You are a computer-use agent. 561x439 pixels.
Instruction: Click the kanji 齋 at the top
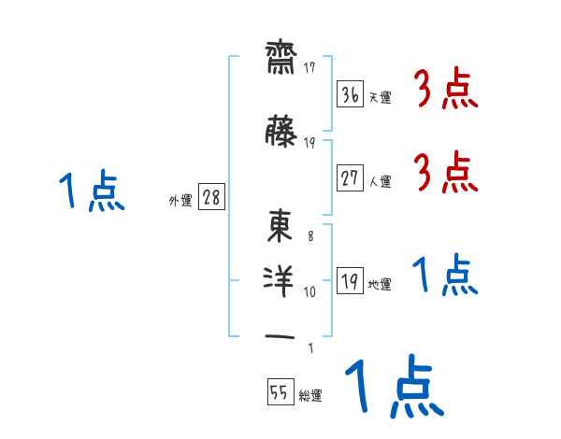pos(281,58)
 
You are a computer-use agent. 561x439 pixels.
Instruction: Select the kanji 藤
pos(280,131)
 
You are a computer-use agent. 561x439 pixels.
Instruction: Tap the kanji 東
pos(280,226)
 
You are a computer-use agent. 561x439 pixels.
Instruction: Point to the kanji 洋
pos(279,282)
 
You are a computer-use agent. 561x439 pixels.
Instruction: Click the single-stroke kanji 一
pos(280,336)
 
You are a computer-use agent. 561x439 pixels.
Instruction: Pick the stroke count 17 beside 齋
pos(309,67)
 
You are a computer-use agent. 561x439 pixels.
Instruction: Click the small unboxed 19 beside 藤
pos(309,143)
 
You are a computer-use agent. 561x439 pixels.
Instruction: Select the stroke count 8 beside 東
pos(310,236)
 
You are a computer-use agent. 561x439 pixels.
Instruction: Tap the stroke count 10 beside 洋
pos(309,291)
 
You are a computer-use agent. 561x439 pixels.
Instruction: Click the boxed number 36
pos(351,94)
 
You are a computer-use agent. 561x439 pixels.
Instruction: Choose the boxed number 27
pos(351,177)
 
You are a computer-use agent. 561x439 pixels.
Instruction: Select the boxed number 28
pos(212,196)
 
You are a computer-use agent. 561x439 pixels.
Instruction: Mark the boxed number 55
pos(280,391)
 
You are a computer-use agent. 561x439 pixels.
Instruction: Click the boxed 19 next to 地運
pos(351,280)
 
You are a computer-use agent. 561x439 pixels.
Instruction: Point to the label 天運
pos(381,97)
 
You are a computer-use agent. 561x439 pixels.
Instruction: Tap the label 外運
pos(180,201)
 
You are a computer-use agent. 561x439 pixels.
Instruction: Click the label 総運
pos(310,395)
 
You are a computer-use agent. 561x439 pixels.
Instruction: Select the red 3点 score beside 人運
pos(446,172)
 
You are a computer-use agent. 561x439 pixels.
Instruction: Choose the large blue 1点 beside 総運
pos(395,386)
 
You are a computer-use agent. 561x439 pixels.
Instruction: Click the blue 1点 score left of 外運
pos(92,191)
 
